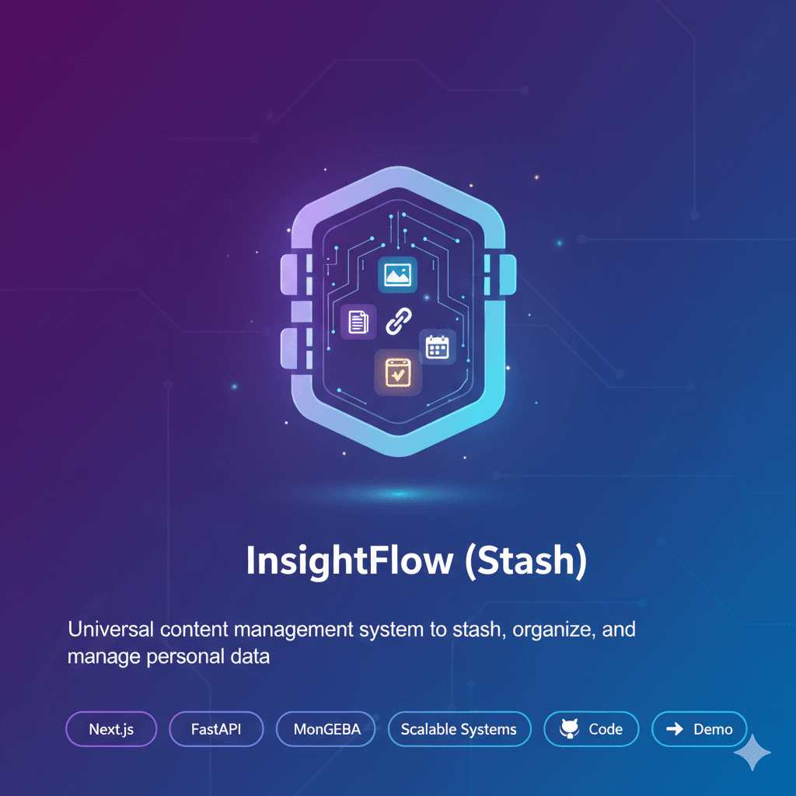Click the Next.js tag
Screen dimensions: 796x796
point(111,729)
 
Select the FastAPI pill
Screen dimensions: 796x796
point(215,729)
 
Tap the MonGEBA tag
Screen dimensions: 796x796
point(326,729)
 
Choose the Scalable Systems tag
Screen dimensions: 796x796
point(459,729)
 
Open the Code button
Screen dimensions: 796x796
point(592,729)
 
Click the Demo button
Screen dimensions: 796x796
point(699,729)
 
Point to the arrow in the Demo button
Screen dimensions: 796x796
point(675,729)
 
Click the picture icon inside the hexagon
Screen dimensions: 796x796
point(397,275)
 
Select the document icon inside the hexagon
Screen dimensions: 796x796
point(358,321)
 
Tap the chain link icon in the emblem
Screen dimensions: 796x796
point(399,319)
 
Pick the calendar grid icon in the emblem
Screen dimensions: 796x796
point(438,346)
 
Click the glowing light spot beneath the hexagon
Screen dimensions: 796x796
point(397,494)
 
